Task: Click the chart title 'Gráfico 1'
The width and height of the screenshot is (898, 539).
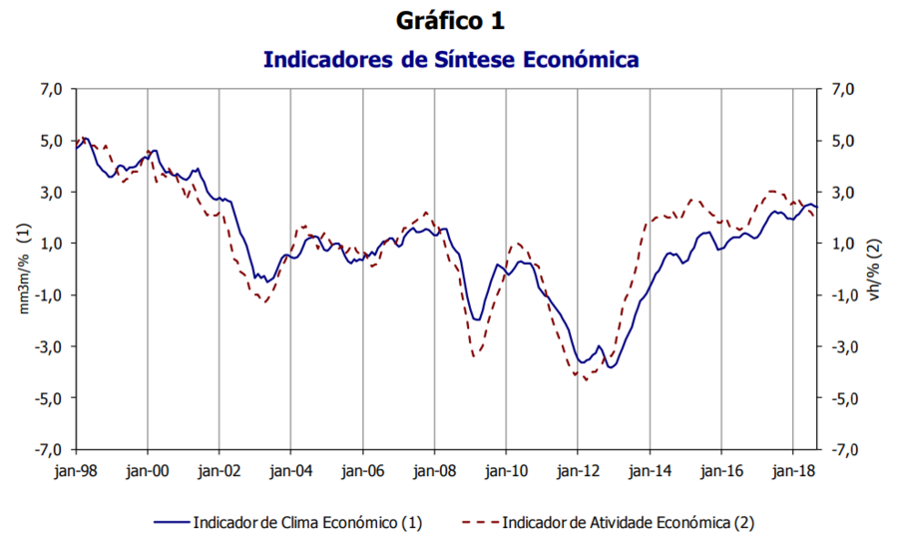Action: [450, 20]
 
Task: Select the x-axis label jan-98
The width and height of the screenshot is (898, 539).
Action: [76, 467]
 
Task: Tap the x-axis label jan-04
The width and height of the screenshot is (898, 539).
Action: [290, 467]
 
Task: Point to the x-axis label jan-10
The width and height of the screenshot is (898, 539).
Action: [506, 467]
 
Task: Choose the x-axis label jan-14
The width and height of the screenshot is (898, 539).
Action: [649, 467]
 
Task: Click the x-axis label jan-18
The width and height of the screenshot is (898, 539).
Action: [792, 467]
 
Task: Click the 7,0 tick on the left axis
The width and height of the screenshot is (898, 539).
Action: [52, 89]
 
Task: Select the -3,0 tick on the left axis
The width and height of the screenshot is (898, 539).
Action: [50, 346]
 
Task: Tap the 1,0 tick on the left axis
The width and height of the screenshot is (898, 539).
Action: [52, 244]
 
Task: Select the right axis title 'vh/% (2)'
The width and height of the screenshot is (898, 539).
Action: [874, 269]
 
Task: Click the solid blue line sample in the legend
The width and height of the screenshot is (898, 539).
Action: [171, 521]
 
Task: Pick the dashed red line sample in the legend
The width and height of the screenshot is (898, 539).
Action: [480, 521]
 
